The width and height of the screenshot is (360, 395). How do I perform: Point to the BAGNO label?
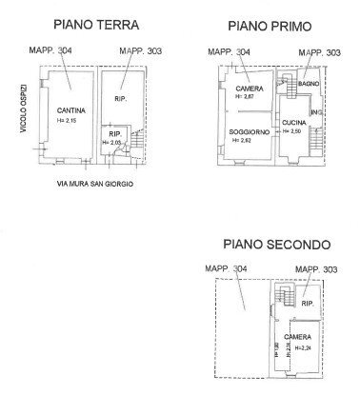307,84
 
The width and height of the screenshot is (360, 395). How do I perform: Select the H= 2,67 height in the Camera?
249,97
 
